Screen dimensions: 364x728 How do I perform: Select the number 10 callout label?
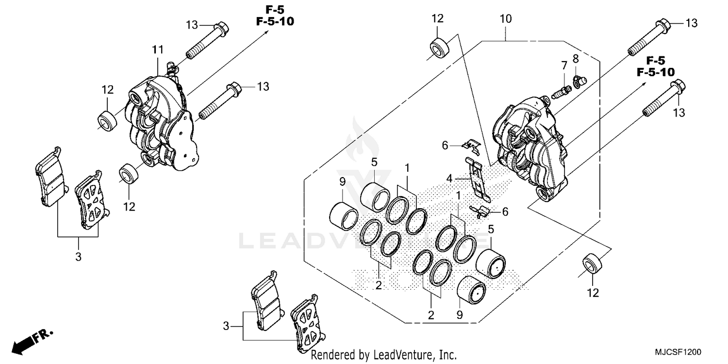(x=505, y=19)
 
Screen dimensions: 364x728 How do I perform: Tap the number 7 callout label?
(x=564, y=65)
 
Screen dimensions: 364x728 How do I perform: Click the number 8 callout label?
(x=576, y=59)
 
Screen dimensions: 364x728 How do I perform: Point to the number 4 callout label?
(x=450, y=179)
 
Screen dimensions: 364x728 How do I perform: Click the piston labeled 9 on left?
(x=344, y=215)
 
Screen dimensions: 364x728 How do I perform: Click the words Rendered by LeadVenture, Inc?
(x=383, y=355)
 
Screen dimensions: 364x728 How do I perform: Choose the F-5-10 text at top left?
(x=275, y=22)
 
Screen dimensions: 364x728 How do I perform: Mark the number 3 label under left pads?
(x=78, y=257)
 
